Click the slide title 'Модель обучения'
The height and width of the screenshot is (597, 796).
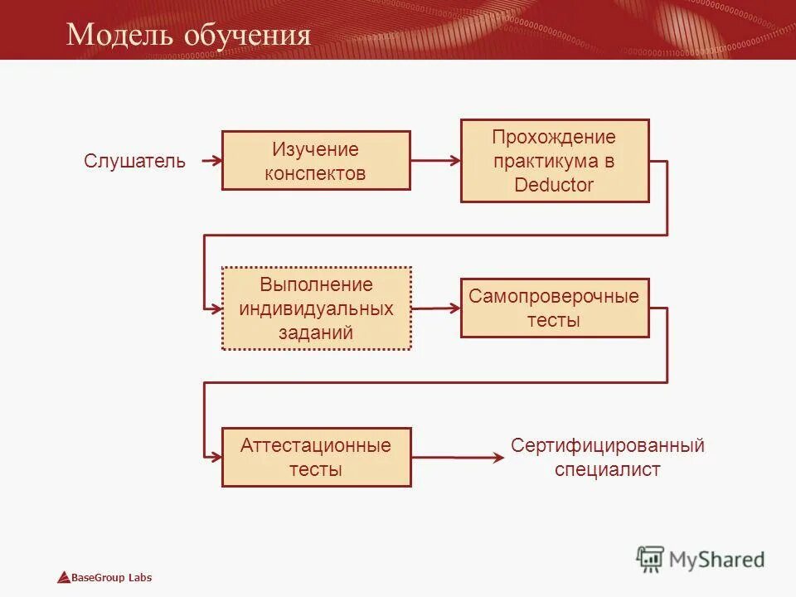click(188, 35)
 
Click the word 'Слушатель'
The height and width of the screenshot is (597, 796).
click(134, 161)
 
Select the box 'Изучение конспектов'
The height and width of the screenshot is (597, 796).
click(316, 161)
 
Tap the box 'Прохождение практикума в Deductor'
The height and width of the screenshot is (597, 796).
click(555, 161)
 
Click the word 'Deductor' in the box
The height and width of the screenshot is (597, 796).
click(554, 185)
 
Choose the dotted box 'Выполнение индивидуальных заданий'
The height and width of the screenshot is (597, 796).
click(316, 308)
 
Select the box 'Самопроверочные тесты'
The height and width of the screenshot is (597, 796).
click(555, 308)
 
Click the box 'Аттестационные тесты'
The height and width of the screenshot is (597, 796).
click(316, 457)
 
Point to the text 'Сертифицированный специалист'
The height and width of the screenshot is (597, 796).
click(607, 458)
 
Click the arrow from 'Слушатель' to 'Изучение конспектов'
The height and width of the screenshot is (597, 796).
click(206, 161)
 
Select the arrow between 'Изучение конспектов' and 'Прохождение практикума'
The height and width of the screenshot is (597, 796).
click(435, 161)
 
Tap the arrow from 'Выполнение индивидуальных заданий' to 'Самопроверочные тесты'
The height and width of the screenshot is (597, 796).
click(435, 308)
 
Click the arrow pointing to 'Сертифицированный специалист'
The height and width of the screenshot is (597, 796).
click(458, 457)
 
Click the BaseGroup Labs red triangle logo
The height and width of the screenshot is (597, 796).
click(63, 578)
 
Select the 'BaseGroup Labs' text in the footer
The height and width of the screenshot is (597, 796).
click(111, 578)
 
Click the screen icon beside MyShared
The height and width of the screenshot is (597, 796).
click(651, 560)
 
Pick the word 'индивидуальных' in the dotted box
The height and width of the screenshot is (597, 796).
click(316, 308)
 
